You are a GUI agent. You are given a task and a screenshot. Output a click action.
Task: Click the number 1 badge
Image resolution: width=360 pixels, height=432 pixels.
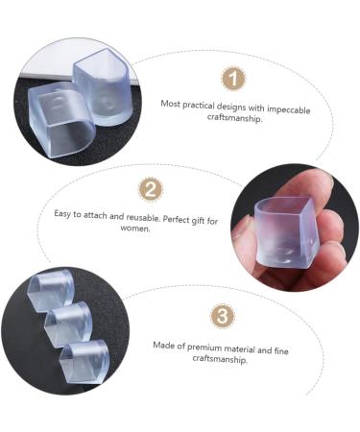[233, 79]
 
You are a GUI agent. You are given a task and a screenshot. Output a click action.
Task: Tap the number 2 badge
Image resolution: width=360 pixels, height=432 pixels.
[151, 189]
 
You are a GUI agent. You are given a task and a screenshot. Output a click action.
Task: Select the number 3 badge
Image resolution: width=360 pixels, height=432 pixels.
[223, 316]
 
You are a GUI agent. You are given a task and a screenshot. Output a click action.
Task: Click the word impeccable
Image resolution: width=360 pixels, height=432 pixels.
[289, 109]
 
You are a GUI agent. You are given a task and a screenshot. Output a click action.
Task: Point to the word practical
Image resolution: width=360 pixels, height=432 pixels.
[198, 105]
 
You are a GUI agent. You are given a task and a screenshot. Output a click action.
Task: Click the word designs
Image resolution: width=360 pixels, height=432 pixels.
[231, 107]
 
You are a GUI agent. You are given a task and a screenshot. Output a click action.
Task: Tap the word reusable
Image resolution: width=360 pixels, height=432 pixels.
[143, 217]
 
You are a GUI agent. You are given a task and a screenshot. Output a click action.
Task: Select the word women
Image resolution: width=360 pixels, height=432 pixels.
[135, 228]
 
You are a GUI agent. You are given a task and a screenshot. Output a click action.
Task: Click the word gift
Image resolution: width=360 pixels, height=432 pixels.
[200, 220]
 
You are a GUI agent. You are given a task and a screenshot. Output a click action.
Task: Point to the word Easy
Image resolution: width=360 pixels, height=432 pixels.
[62, 214]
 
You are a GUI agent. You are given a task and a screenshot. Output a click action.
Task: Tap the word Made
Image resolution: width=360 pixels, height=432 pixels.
[161, 346]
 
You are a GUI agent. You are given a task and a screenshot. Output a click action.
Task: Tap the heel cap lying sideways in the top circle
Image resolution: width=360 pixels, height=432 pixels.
[60, 120]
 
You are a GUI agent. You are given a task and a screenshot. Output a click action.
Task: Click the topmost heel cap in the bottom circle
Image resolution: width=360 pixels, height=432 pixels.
[51, 290]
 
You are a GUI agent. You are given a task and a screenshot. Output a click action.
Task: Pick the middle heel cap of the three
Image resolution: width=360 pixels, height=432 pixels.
[69, 324]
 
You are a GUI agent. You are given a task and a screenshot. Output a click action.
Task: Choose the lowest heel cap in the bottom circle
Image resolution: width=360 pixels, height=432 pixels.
[84, 362]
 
